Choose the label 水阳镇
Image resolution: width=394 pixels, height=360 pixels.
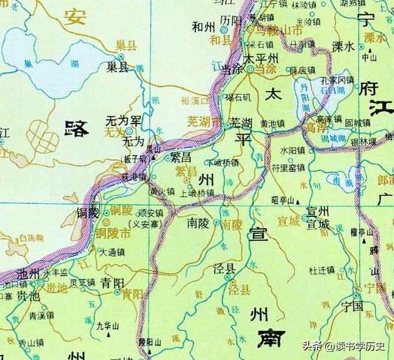coord(293,151)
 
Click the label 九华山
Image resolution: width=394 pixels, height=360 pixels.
coord(108,325)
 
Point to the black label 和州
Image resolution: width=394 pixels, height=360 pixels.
coord(205,26)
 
